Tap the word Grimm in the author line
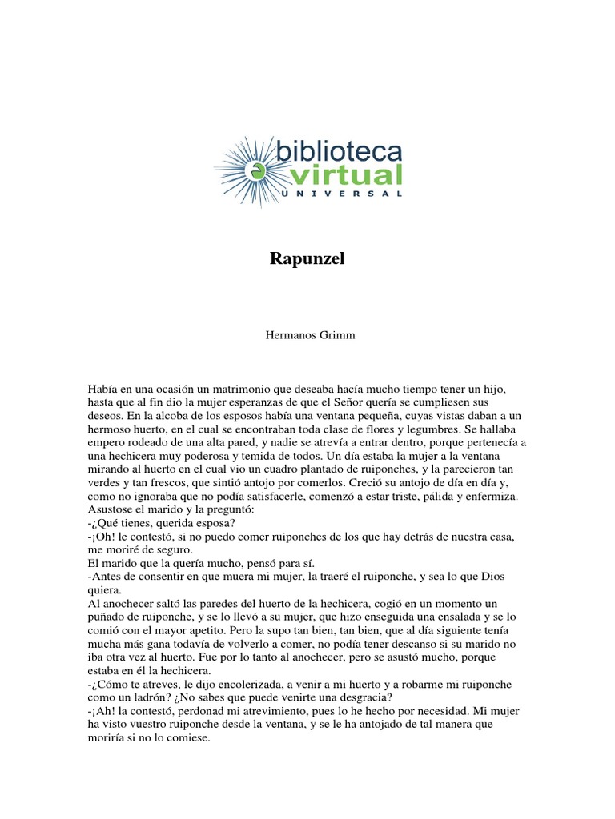pos(332,335)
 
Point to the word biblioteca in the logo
pos(338,151)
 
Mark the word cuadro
pos(271,469)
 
